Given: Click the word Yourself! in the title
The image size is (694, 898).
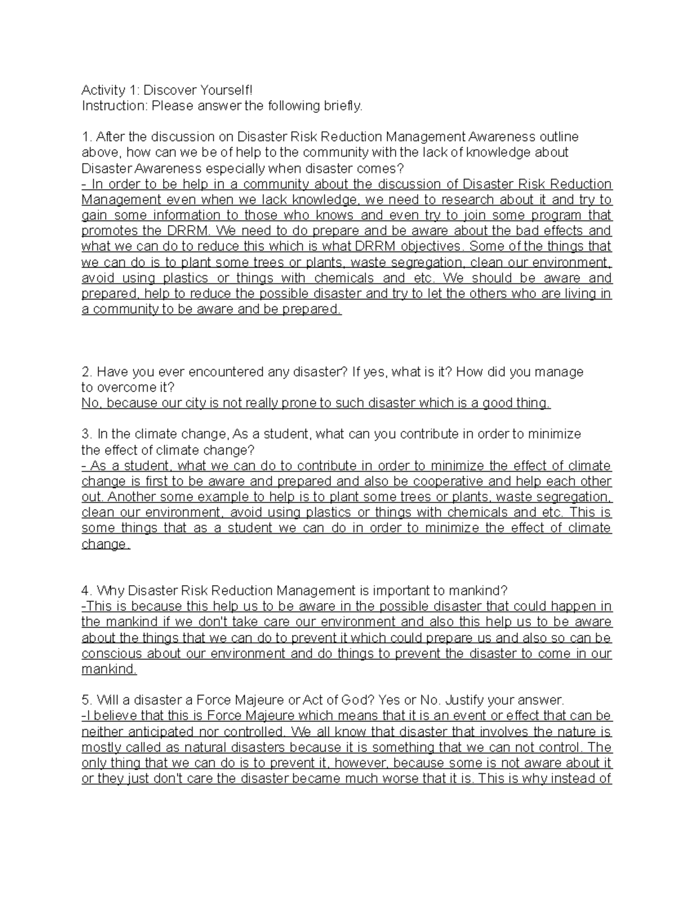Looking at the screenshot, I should point(226,90).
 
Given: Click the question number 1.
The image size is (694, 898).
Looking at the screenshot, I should point(87,137).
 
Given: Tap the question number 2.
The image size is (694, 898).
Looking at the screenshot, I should point(87,372).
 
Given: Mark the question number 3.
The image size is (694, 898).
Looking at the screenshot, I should point(87,434).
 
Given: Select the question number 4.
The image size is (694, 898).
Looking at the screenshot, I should point(87,591).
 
